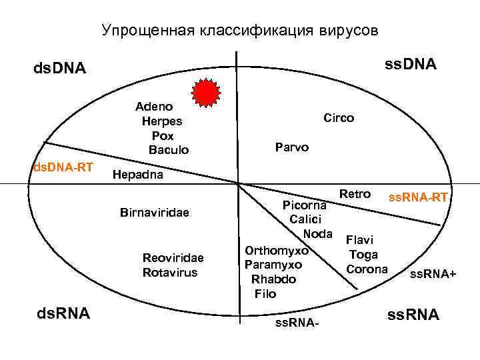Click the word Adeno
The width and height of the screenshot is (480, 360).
tap(154, 107)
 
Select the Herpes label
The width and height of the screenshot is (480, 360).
tap(162, 121)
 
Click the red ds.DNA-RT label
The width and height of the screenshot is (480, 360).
tap(63, 166)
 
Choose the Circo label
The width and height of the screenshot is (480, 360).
tap(339, 117)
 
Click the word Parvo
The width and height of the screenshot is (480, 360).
tap(292, 147)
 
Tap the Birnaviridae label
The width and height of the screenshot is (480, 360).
tap(155, 213)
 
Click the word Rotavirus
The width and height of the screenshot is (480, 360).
tap(170, 272)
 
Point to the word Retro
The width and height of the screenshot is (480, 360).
tap(355, 194)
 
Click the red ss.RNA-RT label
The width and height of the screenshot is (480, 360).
tap(418, 197)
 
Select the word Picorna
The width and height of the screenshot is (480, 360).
tap(304, 205)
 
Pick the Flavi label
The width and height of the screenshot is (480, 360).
tap(360, 239)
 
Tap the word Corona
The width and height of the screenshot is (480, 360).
tap(367, 269)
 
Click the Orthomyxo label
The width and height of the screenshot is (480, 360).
tap(276, 251)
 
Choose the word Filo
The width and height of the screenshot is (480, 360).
tap(265, 293)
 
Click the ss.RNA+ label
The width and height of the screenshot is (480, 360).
tap(433, 274)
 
